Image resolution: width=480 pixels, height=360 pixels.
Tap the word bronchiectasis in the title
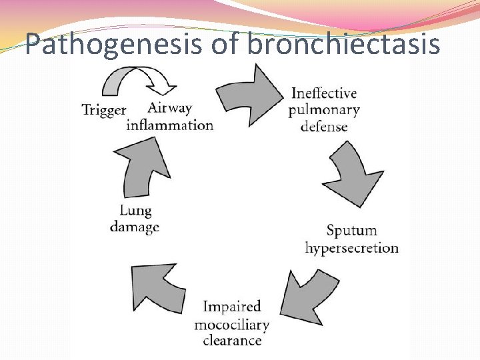[x=343, y=45]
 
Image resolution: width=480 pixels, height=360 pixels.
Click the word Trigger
[x=103, y=110]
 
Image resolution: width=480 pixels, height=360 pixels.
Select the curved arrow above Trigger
[x=137, y=81]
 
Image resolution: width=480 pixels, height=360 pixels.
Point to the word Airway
[x=169, y=108]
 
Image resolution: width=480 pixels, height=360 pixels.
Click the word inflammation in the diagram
[x=170, y=125]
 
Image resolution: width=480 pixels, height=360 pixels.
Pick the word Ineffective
[x=324, y=93]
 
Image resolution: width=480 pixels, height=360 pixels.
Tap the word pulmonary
[x=324, y=109]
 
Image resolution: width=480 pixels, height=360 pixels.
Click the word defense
[x=324, y=126]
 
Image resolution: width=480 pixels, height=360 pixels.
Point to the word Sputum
[x=351, y=231]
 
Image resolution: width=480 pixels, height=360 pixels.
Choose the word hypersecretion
[x=352, y=248]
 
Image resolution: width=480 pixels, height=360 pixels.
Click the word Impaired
[x=231, y=307]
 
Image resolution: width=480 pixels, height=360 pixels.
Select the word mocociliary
[x=231, y=325]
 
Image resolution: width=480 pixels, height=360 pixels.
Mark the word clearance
[x=231, y=341]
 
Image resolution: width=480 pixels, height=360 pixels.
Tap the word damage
[x=135, y=227]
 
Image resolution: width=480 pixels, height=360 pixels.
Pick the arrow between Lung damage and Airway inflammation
[x=145, y=169]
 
